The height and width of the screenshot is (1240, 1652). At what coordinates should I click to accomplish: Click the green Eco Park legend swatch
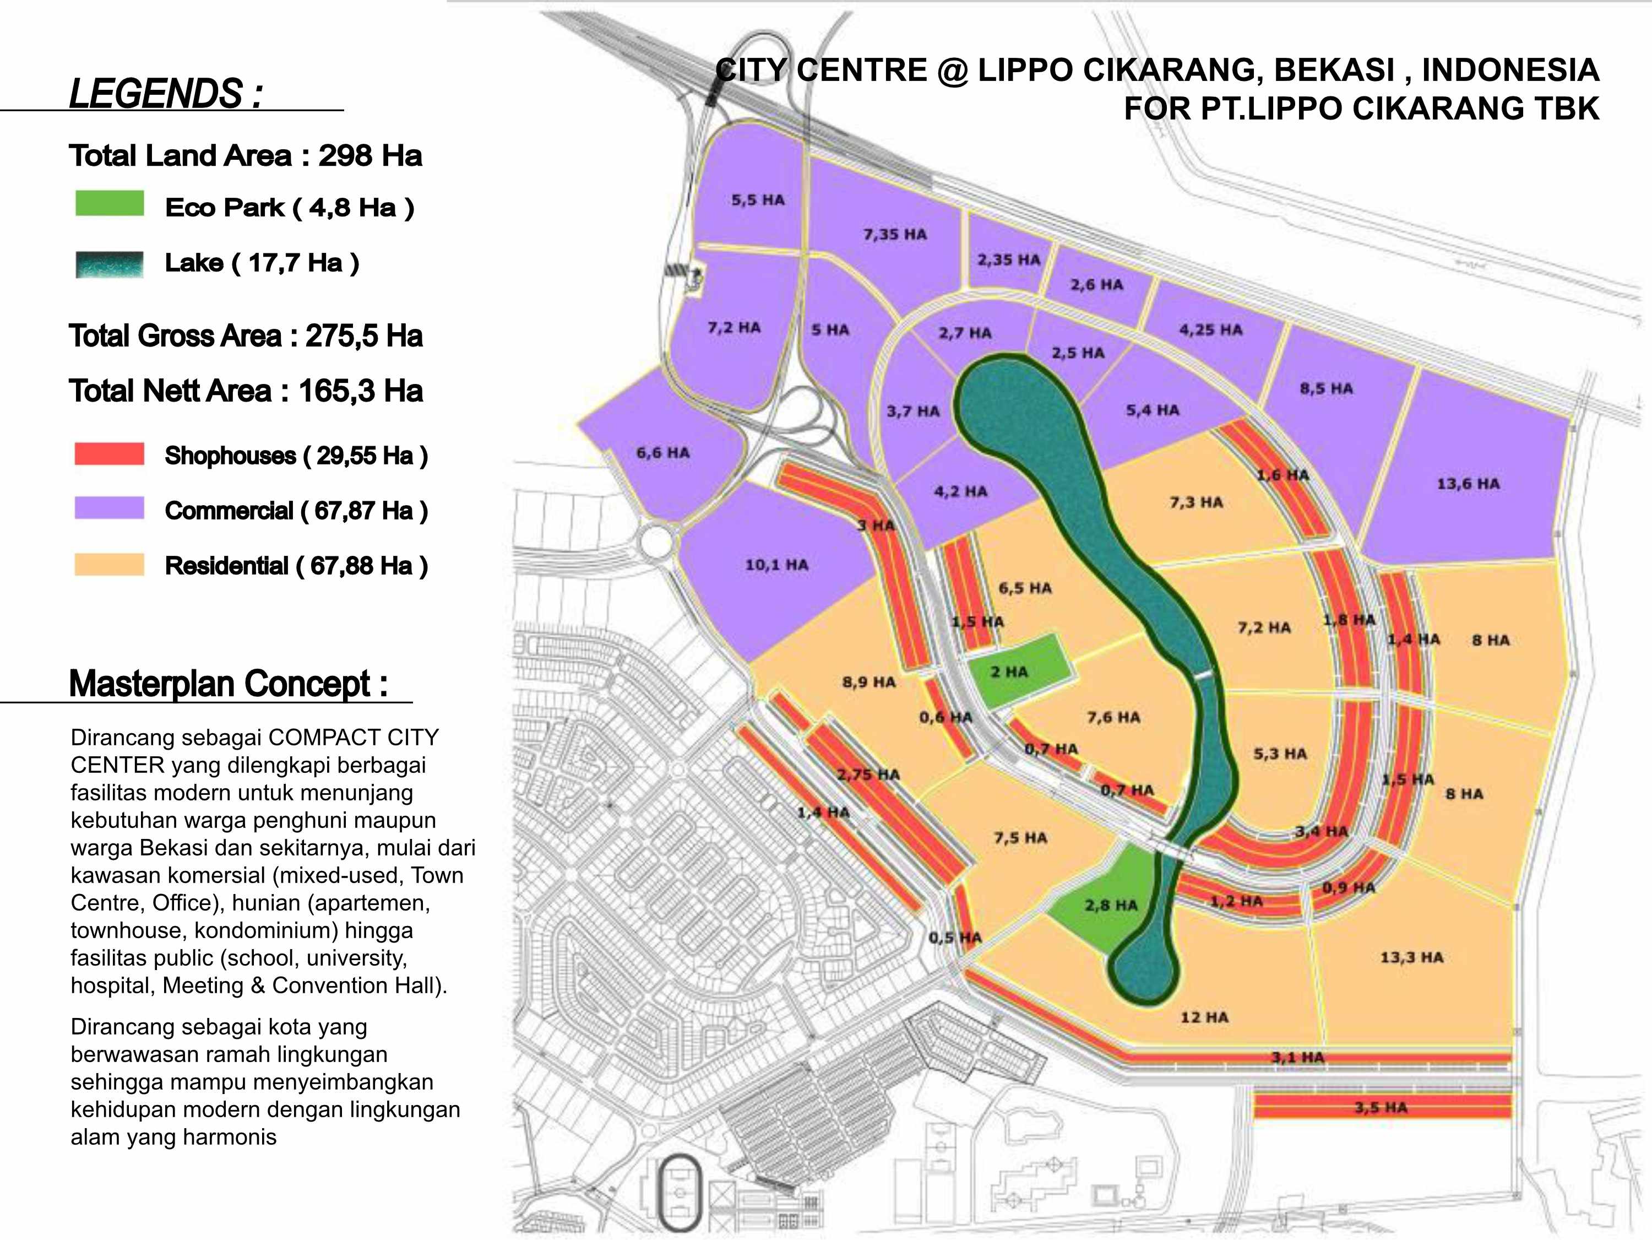tap(109, 203)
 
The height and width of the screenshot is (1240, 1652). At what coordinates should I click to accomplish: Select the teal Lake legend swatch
tap(109, 264)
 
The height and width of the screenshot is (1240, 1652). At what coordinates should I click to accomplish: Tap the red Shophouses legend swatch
tap(109, 453)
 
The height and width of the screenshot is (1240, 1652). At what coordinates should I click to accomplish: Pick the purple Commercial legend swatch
tap(109, 508)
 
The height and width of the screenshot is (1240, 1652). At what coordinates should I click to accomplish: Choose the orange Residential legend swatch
tap(109, 564)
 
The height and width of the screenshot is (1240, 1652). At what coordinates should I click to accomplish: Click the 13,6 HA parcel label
tap(1468, 484)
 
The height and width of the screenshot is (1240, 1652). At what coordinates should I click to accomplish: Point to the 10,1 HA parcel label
tap(776, 565)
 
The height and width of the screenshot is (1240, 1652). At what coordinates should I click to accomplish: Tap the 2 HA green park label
tap(1009, 672)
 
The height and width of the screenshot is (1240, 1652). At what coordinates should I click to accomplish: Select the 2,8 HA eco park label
tap(1111, 906)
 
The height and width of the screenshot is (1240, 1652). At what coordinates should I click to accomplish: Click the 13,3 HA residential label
tap(1411, 957)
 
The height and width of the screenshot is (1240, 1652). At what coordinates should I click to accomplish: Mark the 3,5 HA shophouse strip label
tap(1381, 1107)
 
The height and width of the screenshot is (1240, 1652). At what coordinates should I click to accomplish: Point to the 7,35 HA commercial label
tap(895, 235)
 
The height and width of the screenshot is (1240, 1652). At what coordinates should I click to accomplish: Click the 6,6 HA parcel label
tap(662, 453)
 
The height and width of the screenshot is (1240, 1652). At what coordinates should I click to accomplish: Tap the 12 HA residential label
tap(1204, 1017)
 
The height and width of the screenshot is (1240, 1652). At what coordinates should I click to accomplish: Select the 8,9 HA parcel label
tap(868, 682)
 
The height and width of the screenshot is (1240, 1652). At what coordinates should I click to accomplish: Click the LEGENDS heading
tap(166, 94)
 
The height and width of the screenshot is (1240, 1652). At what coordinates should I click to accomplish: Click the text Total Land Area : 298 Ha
tap(246, 156)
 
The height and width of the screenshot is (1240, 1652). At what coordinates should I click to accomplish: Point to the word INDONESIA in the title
tap(1510, 70)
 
